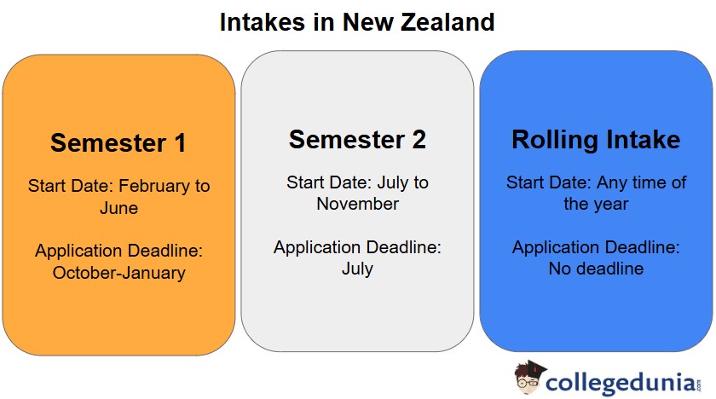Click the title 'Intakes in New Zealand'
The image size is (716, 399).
click(357, 22)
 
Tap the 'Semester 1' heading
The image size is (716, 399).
click(118, 142)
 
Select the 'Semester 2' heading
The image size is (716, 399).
click(357, 139)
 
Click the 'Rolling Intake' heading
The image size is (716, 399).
click(596, 139)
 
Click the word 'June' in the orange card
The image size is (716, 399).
click(118, 207)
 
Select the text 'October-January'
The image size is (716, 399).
click(118, 273)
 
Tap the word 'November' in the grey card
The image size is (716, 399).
click(357, 204)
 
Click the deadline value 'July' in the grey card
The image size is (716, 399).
click(357, 269)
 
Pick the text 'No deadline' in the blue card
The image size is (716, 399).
click(596, 269)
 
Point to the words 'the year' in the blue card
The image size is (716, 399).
click(596, 204)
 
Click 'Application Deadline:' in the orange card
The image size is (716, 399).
click(118, 252)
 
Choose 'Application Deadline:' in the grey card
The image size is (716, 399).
click(357, 247)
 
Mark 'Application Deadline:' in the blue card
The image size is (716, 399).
click(596, 247)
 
